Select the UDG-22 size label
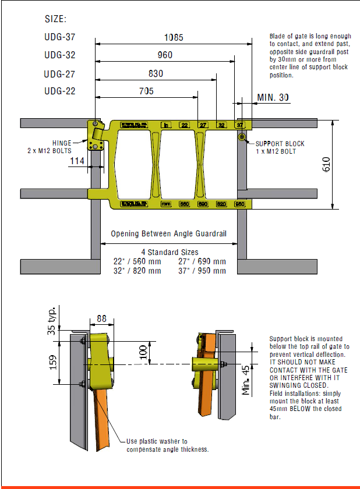(x=60, y=91)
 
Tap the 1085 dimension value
(x=173, y=37)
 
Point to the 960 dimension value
(x=165, y=55)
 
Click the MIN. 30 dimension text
(x=273, y=97)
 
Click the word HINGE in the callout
(x=62, y=143)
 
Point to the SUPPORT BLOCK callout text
(x=280, y=144)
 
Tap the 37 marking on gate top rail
(x=239, y=125)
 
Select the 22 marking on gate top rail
(x=184, y=125)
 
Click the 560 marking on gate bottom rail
(x=184, y=204)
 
